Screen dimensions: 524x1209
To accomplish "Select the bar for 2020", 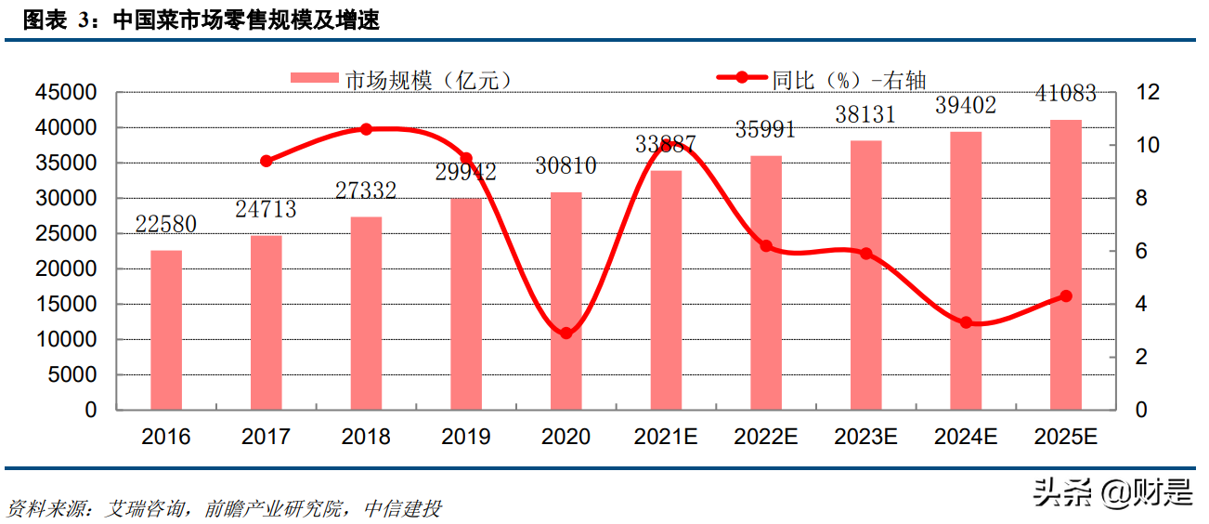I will click(x=566, y=301).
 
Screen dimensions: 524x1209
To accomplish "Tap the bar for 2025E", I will click(x=1066, y=265).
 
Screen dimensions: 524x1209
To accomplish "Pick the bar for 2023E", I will click(x=866, y=275).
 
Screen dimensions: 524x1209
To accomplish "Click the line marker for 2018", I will click(x=366, y=129).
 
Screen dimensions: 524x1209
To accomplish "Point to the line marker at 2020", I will click(x=566, y=333).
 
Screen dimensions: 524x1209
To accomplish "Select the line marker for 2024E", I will click(x=966, y=322).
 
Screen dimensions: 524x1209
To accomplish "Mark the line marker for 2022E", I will click(x=766, y=246).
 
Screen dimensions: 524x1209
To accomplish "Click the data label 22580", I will click(x=166, y=225).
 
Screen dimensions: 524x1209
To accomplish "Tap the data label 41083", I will click(x=1065, y=93).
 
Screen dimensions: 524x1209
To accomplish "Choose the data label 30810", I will click(x=565, y=167).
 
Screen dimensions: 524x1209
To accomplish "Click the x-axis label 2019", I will click(x=466, y=437).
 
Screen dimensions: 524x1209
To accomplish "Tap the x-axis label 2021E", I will click(x=666, y=437).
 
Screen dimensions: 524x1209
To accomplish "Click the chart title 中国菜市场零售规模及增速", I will click(x=245, y=20).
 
